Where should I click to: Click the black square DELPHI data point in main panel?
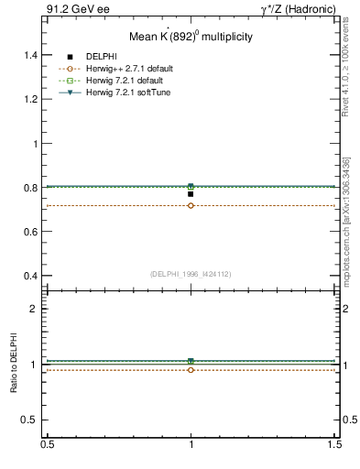point(191,194)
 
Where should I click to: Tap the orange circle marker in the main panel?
point(191,205)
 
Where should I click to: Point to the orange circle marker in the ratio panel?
point(191,370)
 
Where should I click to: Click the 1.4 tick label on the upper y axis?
point(29,55)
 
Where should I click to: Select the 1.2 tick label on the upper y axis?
point(29,100)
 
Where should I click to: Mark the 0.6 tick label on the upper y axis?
point(29,232)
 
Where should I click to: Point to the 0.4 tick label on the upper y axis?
point(29,276)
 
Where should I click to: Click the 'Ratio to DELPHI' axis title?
point(13,365)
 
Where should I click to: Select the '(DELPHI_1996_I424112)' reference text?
point(191,274)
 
